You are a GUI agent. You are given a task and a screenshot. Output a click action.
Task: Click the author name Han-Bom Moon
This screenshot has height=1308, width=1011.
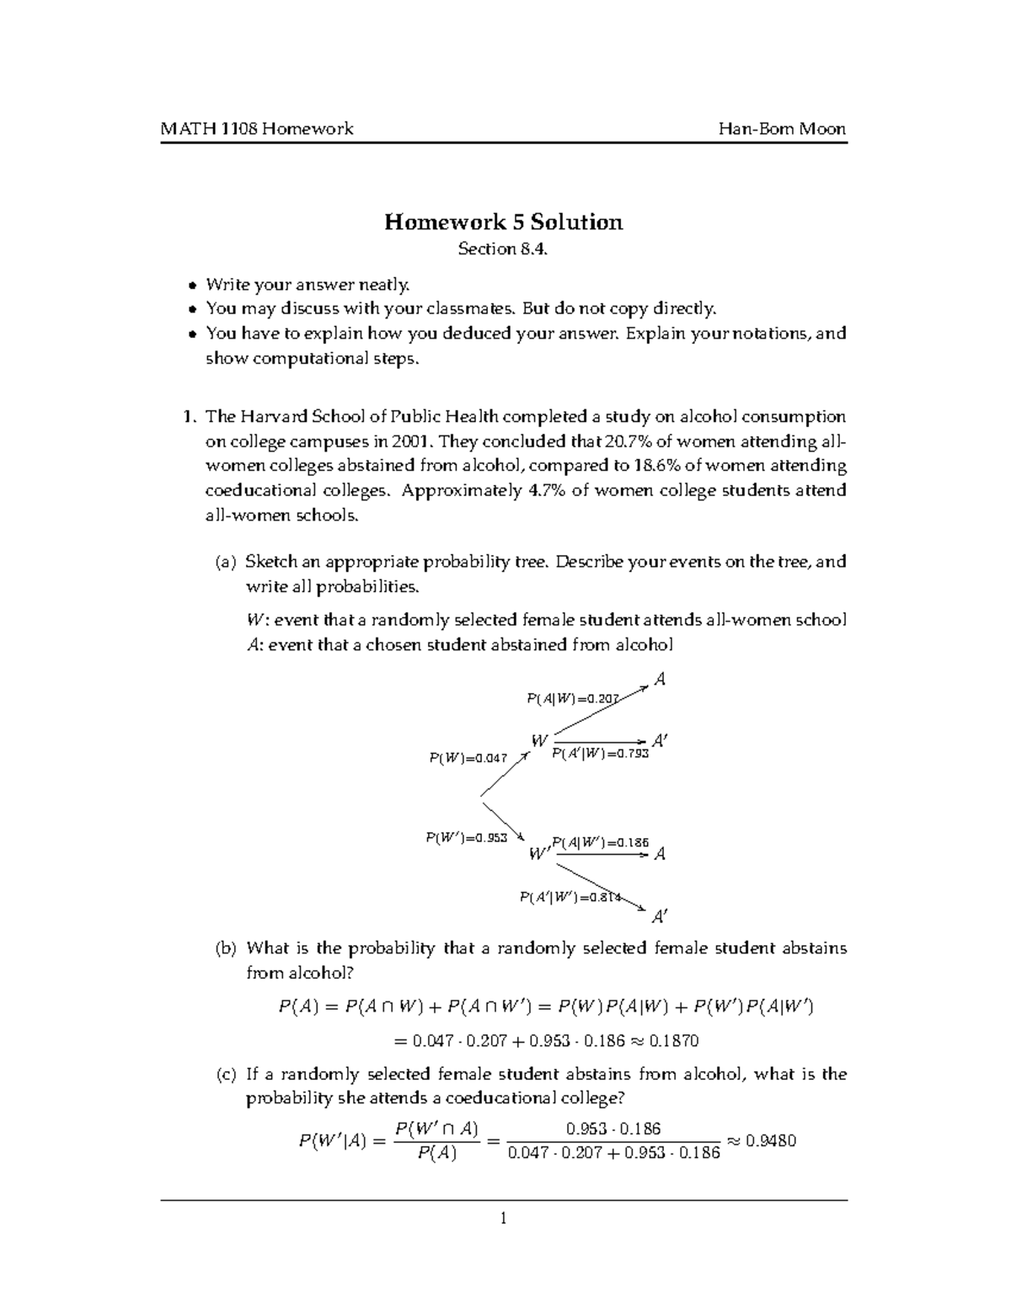click(x=782, y=129)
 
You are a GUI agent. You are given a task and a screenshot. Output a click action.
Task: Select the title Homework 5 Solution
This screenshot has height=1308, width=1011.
click(x=503, y=222)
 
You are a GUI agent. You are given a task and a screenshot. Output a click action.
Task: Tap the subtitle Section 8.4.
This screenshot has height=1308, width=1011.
click(x=503, y=249)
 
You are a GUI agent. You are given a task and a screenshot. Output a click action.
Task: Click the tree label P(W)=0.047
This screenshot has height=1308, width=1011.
click(x=468, y=758)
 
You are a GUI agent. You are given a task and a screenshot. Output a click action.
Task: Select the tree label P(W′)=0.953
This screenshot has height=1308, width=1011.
click(x=466, y=838)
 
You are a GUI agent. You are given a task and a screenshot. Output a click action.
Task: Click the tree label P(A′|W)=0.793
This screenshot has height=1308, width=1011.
click(x=600, y=754)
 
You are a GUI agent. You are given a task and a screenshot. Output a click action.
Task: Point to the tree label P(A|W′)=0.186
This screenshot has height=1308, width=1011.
click(x=600, y=842)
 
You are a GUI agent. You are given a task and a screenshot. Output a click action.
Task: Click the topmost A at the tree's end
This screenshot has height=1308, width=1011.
click(x=660, y=680)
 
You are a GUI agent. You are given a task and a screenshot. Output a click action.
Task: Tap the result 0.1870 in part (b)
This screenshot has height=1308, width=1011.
click(x=674, y=1040)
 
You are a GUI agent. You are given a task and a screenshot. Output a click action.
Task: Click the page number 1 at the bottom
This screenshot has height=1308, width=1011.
click(x=503, y=1218)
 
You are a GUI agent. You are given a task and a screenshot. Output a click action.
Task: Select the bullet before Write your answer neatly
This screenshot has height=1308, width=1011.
click(x=193, y=285)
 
